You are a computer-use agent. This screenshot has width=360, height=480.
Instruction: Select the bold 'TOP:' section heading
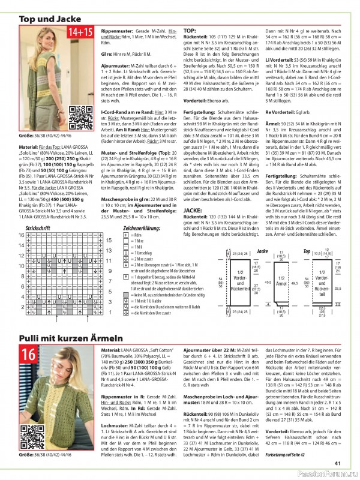point(189,30)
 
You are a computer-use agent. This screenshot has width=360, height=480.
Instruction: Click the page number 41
point(338,462)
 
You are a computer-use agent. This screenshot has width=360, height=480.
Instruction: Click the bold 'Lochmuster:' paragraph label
point(115,425)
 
